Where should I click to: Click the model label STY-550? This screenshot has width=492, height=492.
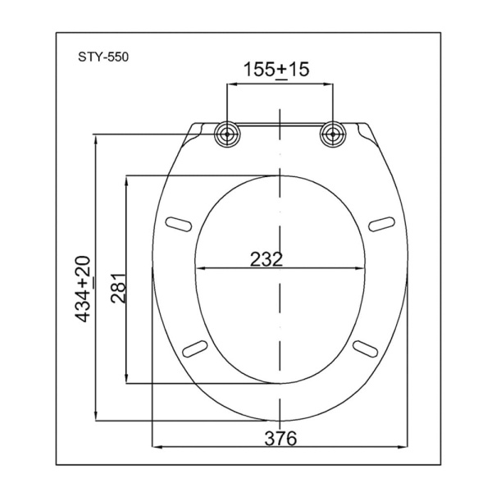tap(103, 57)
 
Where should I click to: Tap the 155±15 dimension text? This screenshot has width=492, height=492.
tap(276, 70)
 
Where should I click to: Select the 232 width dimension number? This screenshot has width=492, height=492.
tap(266, 259)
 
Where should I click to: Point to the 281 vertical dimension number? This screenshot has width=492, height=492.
tap(119, 288)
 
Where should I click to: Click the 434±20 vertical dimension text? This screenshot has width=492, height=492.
tap(83, 289)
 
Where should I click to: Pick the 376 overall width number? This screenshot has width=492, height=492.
tap(280, 439)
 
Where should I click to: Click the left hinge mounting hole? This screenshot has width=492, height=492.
tap(227, 134)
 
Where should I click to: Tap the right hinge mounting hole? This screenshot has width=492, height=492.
tap(333, 134)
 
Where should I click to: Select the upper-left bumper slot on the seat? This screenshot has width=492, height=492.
tap(179, 224)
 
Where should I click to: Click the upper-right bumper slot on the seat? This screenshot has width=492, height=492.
tap(381, 224)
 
